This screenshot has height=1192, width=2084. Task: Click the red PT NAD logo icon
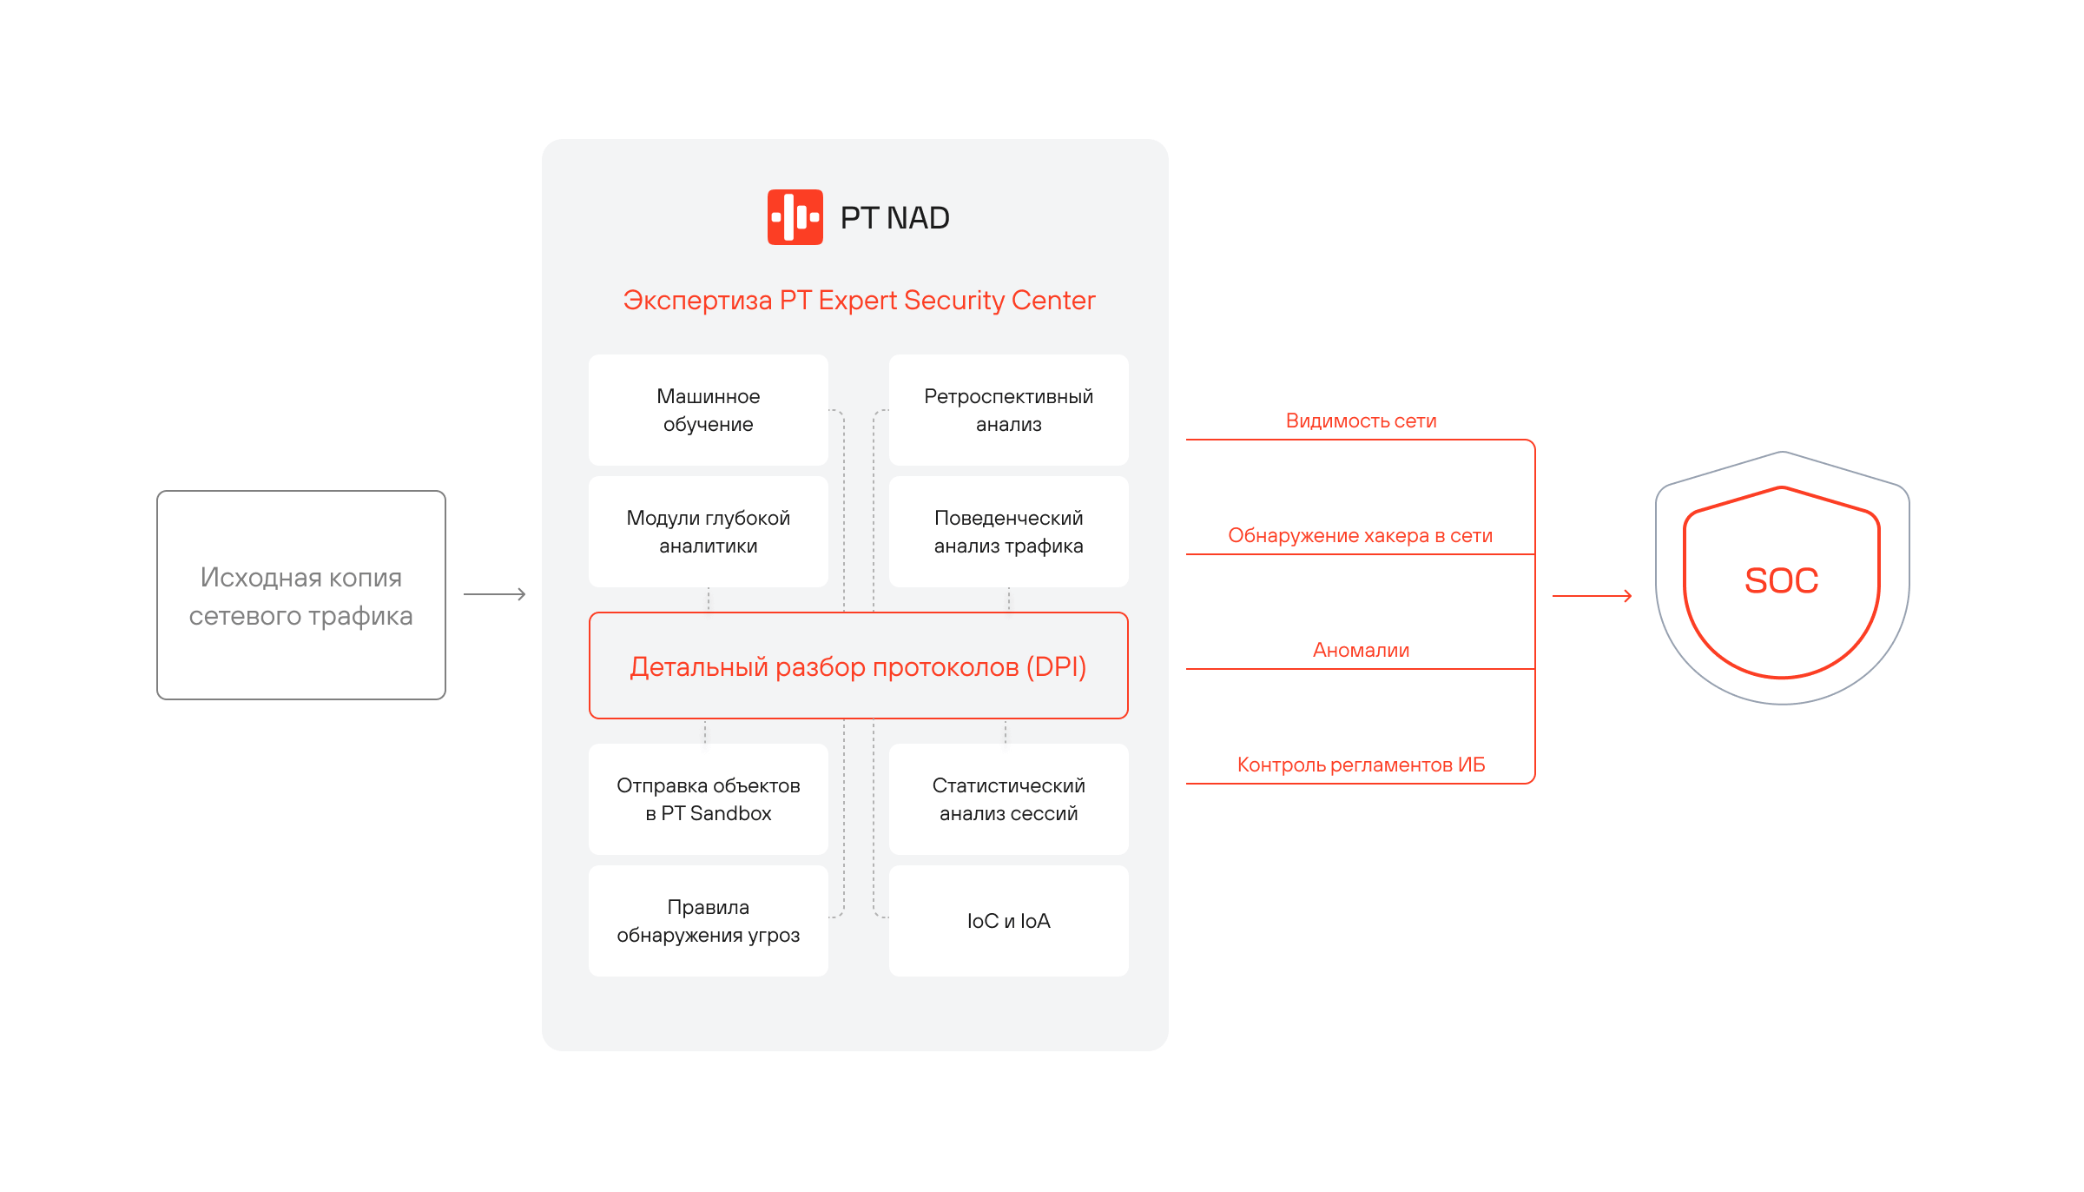pyautogui.click(x=795, y=217)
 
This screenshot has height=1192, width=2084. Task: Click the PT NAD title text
pyautogui.click(x=894, y=218)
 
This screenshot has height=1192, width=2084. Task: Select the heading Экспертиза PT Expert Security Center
pyautogui.click(x=859, y=300)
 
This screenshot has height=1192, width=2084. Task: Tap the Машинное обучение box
pyautogui.click(x=708, y=410)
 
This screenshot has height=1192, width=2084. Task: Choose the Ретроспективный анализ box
pyautogui.click(x=1008, y=410)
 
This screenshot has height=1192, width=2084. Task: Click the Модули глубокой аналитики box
pyautogui.click(x=708, y=532)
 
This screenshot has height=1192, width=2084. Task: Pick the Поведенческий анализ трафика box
pyautogui.click(x=1008, y=532)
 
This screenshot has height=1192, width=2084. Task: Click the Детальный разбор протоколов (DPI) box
pyautogui.click(x=858, y=666)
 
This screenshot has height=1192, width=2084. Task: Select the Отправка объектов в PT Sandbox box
pyautogui.click(x=708, y=799)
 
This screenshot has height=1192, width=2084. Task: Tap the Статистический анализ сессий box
pyautogui.click(x=1008, y=799)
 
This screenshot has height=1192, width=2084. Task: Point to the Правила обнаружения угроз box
pyautogui.click(x=708, y=921)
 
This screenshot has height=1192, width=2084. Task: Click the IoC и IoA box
pyautogui.click(x=1008, y=921)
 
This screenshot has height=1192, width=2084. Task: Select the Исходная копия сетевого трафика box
pyautogui.click(x=301, y=596)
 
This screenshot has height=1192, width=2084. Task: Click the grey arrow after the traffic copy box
pyautogui.click(x=495, y=594)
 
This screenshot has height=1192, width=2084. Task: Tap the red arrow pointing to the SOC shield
pyautogui.click(x=1592, y=596)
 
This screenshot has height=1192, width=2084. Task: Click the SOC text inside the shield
pyautogui.click(x=1781, y=580)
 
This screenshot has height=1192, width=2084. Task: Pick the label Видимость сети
pyautogui.click(x=1361, y=421)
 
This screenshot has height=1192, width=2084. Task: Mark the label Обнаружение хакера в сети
pyautogui.click(x=1360, y=536)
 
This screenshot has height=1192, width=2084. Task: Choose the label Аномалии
pyautogui.click(x=1361, y=651)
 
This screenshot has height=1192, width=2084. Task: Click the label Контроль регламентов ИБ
pyautogui.click(x=1361, y=765)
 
